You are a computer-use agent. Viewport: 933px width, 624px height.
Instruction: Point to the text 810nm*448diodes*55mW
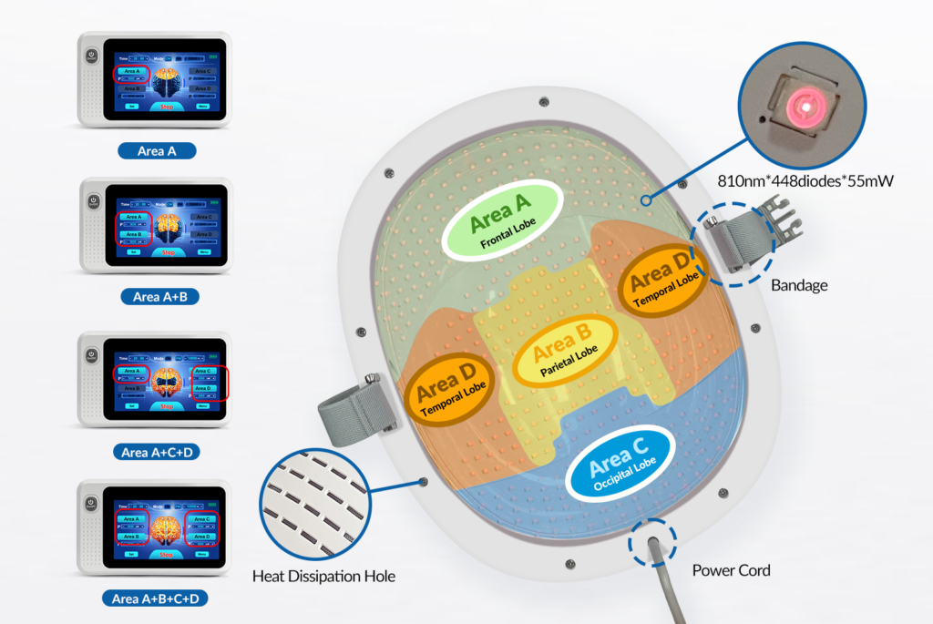coord(820,181)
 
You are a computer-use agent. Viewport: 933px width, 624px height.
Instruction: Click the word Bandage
coord(799,285)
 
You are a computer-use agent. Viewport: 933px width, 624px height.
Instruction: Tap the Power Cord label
coord(731,570)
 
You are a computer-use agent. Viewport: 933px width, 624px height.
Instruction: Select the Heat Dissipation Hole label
coord(323,576)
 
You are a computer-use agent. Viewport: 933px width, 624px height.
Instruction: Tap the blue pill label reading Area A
coord(156,150)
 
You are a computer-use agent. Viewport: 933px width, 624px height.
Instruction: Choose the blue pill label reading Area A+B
coord(156,296)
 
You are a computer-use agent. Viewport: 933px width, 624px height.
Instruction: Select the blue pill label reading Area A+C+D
coord(156,452)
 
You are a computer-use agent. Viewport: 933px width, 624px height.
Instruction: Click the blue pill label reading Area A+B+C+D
coord(156,598)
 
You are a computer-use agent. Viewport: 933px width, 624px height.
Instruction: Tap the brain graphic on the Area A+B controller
coord(166,226)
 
